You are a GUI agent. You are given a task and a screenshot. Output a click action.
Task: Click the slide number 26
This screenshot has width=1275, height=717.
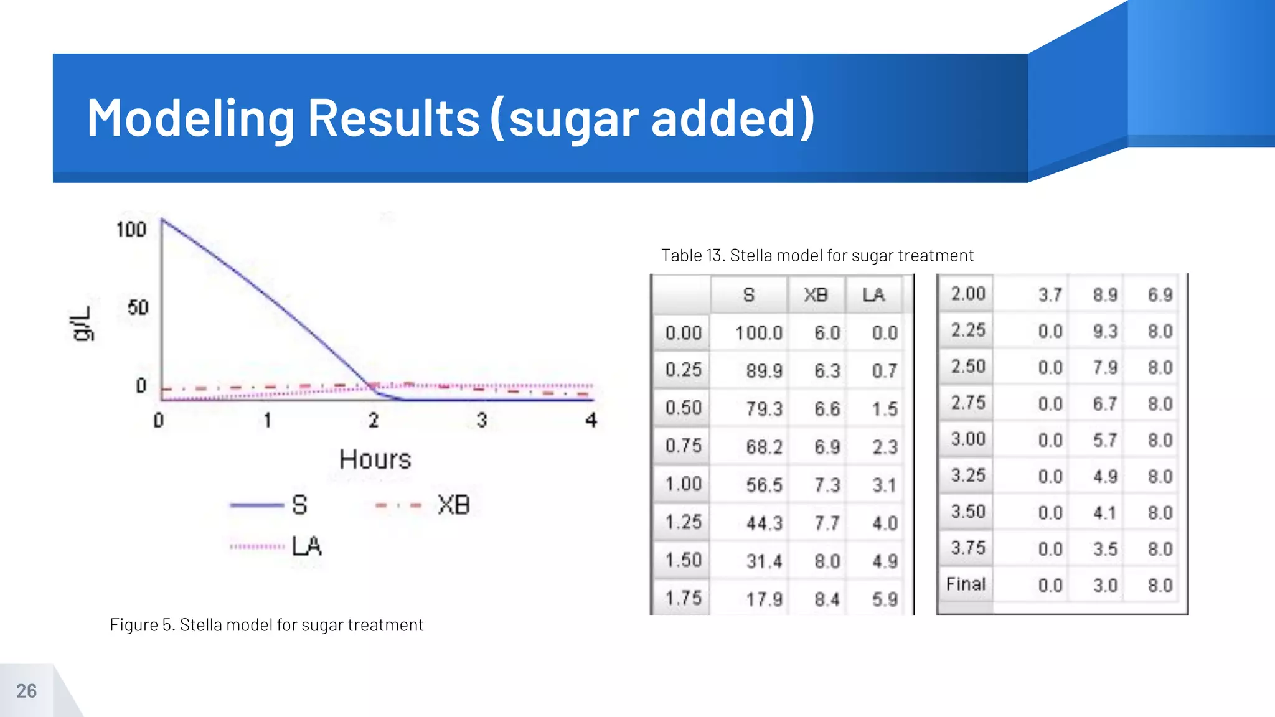(26, 691)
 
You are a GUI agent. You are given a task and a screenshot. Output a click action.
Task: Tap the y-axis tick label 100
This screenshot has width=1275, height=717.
(131, 230)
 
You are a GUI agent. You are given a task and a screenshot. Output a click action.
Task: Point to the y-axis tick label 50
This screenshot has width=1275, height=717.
(138, 307)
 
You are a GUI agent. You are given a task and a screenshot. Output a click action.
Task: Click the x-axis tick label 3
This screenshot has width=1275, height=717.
(482, 420)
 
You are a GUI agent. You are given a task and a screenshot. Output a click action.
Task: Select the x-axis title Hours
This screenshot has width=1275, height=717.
(375, 460)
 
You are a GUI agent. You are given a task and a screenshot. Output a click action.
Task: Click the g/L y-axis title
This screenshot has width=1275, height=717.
(82, 324)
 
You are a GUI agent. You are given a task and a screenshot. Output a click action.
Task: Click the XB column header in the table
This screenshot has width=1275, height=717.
(815, 295)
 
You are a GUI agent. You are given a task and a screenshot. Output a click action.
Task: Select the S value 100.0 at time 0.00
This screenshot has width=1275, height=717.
(758, 333)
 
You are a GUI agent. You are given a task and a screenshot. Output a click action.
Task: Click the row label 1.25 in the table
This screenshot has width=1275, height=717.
(683, 522)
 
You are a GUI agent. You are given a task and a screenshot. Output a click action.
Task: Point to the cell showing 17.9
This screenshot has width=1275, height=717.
(764, 599)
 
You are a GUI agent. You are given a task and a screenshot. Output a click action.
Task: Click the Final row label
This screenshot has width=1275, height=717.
(966, 584)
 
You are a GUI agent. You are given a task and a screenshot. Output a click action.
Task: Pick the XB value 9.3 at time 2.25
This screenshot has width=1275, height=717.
(1105, 331)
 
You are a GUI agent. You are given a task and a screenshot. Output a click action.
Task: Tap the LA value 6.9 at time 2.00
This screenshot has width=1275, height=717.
(1160, 295)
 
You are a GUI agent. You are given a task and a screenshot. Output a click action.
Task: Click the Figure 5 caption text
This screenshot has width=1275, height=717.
(266, 625)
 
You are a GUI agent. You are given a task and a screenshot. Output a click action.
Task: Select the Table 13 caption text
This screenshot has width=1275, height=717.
(817, 256)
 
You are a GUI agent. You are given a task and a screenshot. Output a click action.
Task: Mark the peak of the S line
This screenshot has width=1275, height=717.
(162, 219)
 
